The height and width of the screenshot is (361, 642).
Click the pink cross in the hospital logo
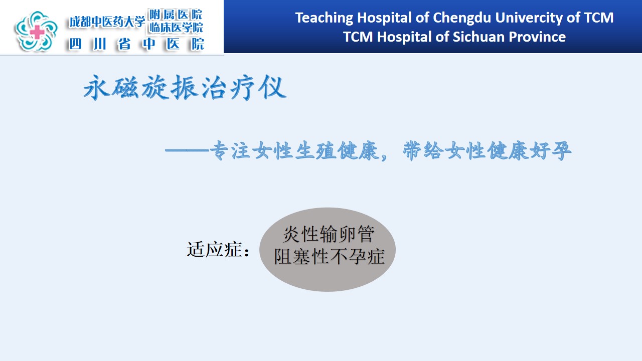[x=37, y=32]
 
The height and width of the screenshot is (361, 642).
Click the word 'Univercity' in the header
[x=529, y=18]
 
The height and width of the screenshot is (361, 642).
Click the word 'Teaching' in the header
[x=324, y=18]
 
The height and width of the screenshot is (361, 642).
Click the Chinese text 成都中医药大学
[x=107, y=22]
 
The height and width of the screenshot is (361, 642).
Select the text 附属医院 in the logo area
[x=176, y=15]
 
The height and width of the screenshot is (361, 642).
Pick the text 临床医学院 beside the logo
[x=176, y=28]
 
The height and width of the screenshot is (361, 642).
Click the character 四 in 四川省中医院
[x=75, y=44]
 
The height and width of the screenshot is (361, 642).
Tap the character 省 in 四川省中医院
[x=124, y=44]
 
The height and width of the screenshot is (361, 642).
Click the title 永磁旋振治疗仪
[x=185, y=87]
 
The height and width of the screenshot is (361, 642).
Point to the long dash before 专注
[x=187, y=150]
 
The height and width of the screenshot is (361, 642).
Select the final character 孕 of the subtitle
[x=561, y=151]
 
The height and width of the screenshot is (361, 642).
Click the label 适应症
[x=214, y=250]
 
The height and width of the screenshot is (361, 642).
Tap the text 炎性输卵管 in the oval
[x=329, y=234]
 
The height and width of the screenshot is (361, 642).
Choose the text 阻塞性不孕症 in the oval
[x=329, y=256]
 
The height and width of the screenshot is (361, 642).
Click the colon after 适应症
[x=246, y=252]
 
